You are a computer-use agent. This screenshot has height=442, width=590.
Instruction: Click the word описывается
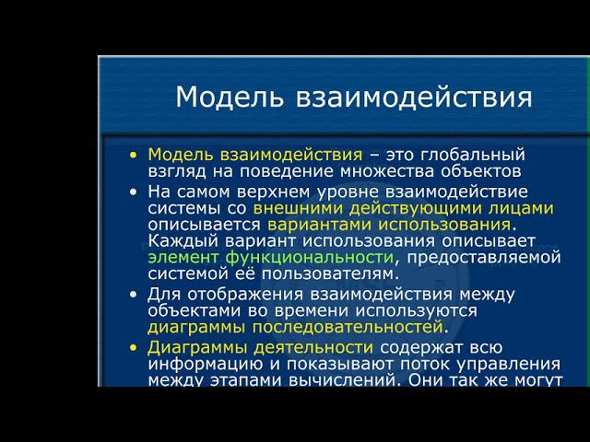pos(204,225)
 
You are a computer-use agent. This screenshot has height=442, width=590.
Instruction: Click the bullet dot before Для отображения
pos(135,295)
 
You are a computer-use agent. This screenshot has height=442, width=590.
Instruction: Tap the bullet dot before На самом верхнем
pos(135,192)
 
